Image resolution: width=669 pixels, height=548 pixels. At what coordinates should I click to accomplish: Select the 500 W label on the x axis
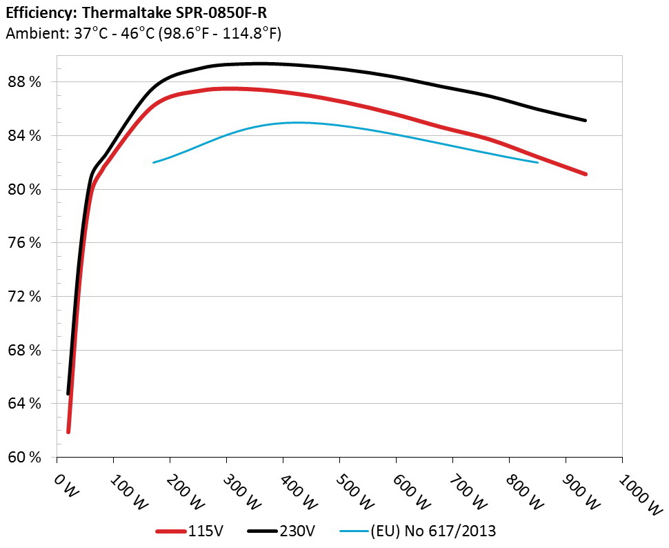point(352,491)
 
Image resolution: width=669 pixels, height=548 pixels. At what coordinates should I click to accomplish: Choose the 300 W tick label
point(239,491)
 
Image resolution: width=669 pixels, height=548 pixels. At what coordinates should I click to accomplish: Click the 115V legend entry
point(203,531)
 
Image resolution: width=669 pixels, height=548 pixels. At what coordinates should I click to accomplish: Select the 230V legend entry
point(297,531)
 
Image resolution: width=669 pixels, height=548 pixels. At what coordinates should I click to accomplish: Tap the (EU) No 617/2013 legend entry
point(432,531)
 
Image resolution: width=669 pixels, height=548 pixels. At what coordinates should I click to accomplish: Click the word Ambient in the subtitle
point(32,32)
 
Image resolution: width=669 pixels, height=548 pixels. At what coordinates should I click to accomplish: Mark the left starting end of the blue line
point(153,162)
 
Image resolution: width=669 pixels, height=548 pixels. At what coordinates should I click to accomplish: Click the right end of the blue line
point(537,162)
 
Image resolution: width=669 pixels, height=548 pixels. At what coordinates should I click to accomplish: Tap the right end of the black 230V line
point(586,120)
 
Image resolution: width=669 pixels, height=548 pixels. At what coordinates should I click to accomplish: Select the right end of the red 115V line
point(586,174)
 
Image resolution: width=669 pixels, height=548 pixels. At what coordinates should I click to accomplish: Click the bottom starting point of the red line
point(68,432)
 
